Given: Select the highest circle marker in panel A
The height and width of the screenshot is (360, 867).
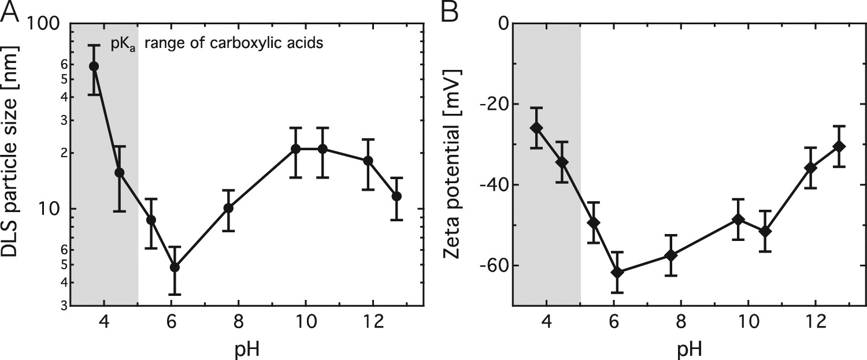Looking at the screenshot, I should click(x=93, y=66).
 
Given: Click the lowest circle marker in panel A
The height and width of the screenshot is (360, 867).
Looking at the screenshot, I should click(x=175, y=268).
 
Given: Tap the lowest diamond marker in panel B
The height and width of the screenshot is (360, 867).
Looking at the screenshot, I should click(x=617, y=272).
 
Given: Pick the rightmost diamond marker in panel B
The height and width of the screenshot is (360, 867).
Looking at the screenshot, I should click(x=839, y=147).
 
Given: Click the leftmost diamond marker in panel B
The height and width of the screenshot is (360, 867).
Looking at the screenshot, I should click(x=536, y=128).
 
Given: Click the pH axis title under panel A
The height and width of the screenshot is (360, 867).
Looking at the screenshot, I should click(x=247, y=348).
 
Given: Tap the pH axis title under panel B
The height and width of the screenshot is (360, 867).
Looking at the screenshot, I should click(x=688, y=348).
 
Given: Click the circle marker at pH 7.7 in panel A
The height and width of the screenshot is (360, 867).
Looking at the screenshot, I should click(x=228, y=208).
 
